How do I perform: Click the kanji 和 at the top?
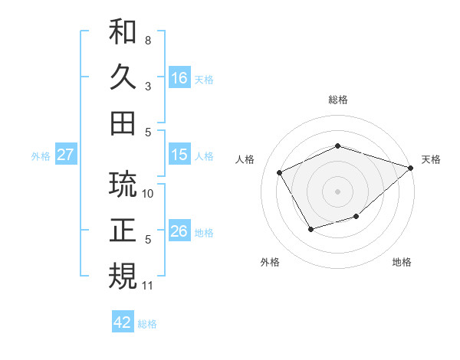(x=123, y=32)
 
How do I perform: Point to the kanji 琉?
(x=123, y=185)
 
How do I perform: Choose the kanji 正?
(x=123, y=230)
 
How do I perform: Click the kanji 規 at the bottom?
(x=123, y=275)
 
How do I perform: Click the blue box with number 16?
(x=179, y=77)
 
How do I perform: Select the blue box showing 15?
(x=179, y=155)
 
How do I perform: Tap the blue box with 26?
(x=179, y=231)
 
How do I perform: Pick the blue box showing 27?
(x=65, y=155)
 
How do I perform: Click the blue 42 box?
(x=123, y=322)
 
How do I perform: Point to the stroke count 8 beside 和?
(x=148, y=40)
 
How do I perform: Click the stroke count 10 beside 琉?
(x=149, y=193)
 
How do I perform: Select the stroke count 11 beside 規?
(x=149, y=286)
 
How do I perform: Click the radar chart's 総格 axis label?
(x=337, y=100)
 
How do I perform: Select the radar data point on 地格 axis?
(x=356, y=218)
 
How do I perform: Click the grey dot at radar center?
(x=337, y=191)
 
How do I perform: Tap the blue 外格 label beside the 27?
(x=41, y=155)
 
